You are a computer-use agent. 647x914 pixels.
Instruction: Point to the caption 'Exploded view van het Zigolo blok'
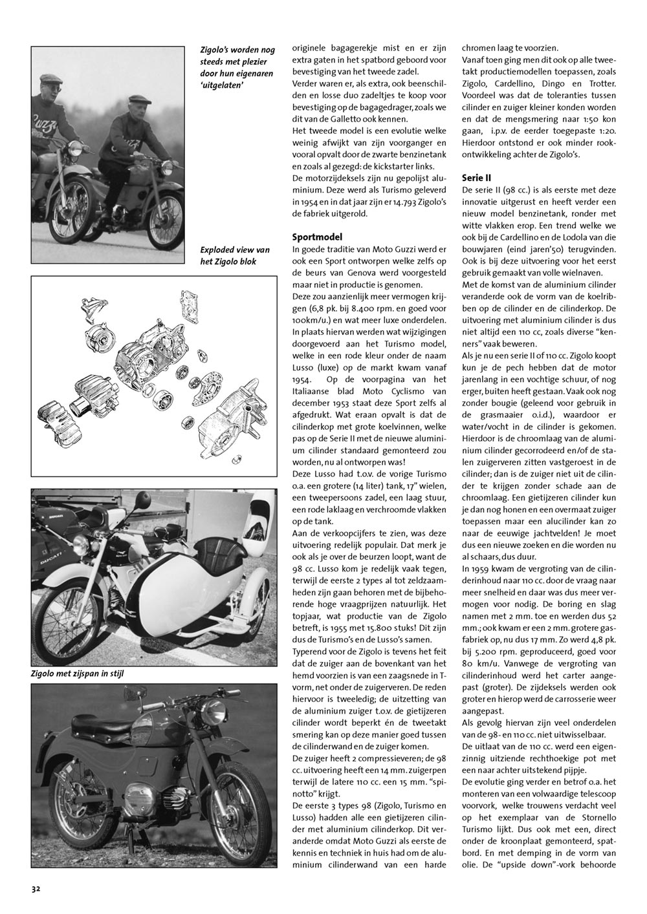point(234,255)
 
